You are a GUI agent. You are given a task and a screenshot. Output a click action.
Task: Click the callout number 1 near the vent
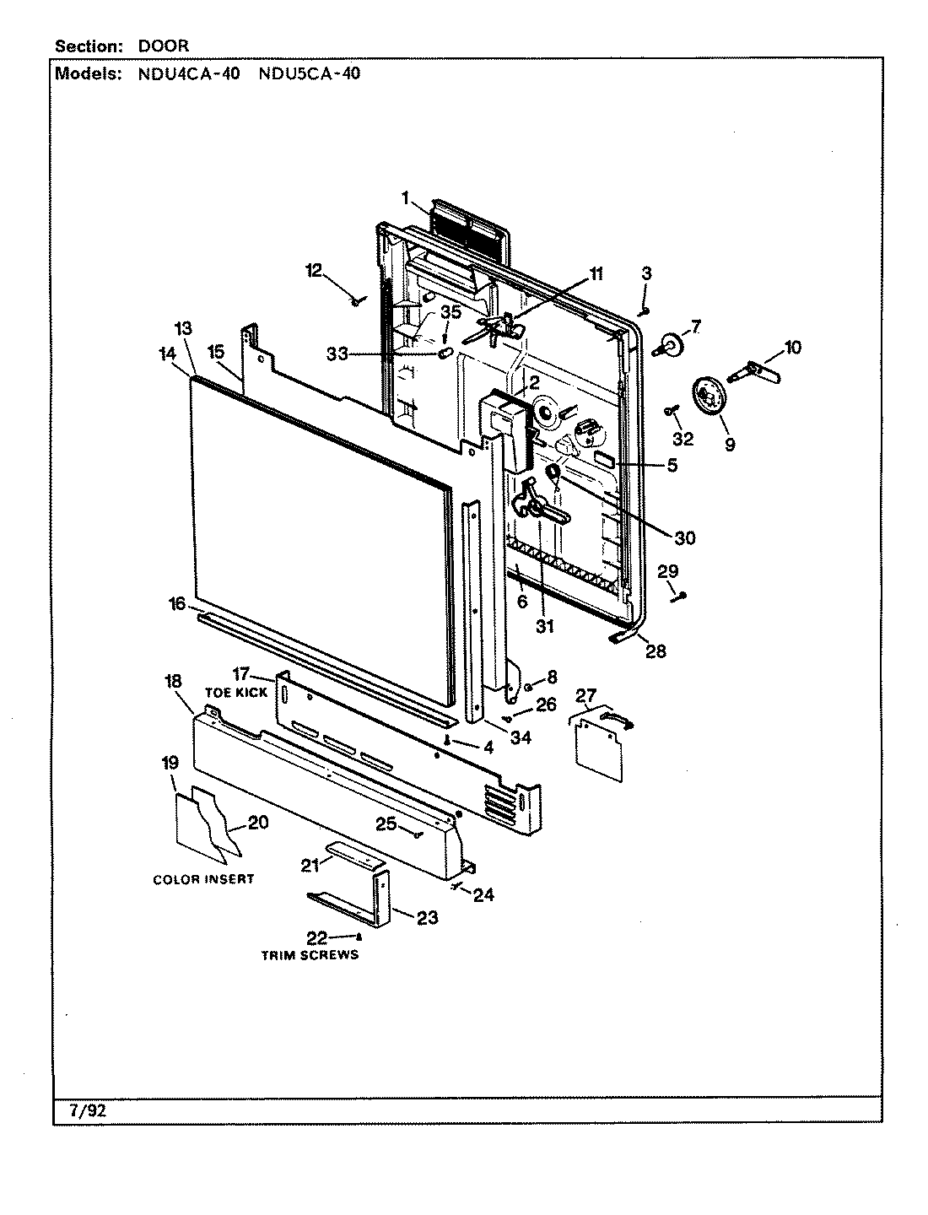point(405,198)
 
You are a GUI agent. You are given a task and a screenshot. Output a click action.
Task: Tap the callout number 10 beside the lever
point(792,347)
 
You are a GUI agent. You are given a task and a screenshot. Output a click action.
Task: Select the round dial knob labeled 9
point(708,396)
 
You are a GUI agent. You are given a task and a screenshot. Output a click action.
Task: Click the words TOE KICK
point(236,692)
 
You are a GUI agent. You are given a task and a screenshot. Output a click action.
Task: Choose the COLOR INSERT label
point(203,879)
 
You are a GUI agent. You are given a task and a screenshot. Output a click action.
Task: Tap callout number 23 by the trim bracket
point(428,918)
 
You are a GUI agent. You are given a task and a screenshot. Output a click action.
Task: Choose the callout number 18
point(172,681)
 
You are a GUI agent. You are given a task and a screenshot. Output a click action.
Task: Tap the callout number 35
point(451,311)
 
